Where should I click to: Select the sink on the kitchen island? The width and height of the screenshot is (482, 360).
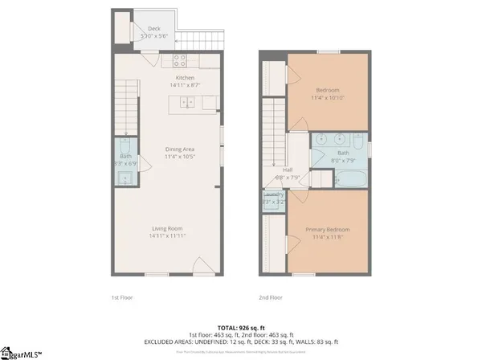[187, 102]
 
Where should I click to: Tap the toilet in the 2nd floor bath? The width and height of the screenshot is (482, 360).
[358, 146]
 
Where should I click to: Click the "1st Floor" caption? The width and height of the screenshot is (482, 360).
[122, 297]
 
